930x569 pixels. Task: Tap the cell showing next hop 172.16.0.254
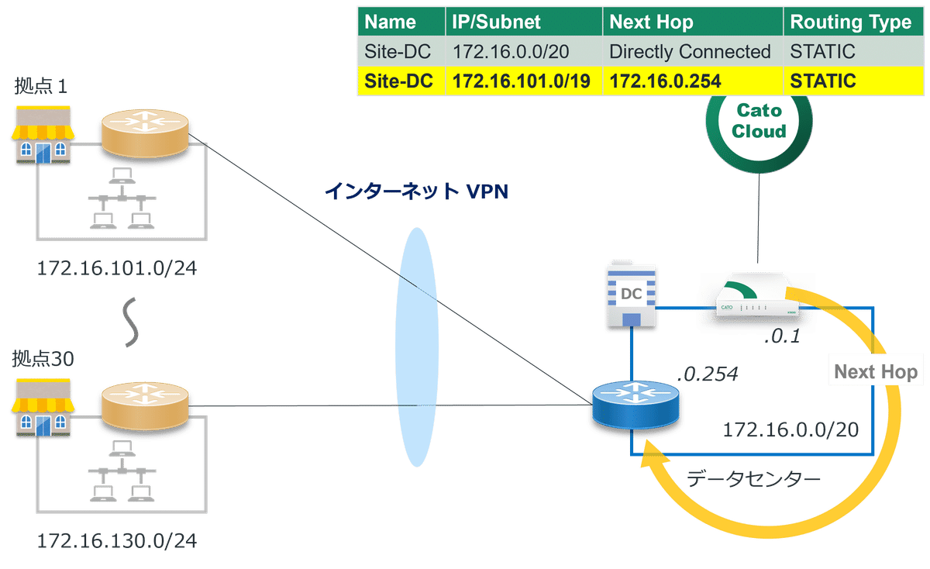tap(665, 81)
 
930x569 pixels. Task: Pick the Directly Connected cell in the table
tap(690, 52)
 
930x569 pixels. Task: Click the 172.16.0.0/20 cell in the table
tap(501, 52)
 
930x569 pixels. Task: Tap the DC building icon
tap(632, 294)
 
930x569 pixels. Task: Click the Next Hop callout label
tap(876, 372)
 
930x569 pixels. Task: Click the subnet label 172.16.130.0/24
tap(117, 540)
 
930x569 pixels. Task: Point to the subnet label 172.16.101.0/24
tap(117, 269)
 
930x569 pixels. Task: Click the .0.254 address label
tap(706, 374)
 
